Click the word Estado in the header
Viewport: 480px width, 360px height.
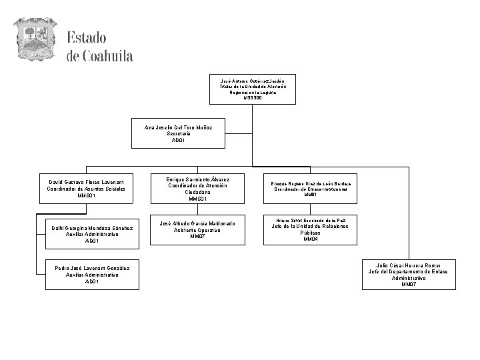86,38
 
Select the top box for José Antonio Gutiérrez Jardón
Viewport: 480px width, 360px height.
253,89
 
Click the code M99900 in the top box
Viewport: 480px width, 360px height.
253,98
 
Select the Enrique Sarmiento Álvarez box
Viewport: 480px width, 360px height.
199,189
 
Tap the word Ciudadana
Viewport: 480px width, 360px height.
199,192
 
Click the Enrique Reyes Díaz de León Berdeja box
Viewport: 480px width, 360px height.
310,189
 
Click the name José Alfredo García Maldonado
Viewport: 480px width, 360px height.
199,223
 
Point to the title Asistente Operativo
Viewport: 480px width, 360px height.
199,230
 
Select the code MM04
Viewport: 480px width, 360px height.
310,239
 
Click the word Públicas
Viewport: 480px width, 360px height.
310,233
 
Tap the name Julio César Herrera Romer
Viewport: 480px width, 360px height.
409,265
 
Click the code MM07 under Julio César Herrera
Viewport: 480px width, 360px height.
409,285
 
